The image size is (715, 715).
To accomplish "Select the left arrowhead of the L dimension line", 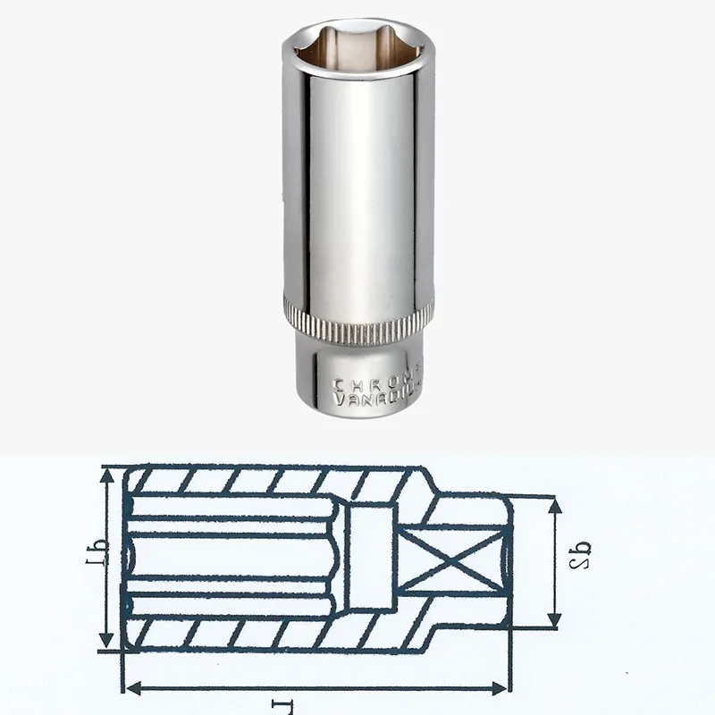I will (131, 686).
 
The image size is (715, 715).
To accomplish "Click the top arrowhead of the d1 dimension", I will (108, 475).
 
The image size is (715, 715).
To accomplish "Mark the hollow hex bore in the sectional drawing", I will (232, 559).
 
